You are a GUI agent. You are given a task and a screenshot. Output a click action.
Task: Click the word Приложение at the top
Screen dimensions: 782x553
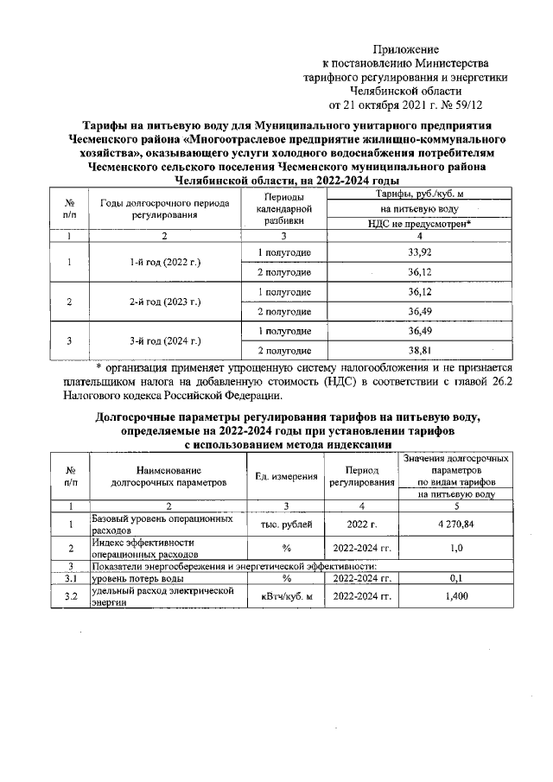click(x=405, y=49)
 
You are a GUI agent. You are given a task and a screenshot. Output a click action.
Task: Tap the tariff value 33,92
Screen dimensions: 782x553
click(x=418, y=252)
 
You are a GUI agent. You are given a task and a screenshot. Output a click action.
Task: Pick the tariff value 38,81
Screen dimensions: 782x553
click(x=418, y=350)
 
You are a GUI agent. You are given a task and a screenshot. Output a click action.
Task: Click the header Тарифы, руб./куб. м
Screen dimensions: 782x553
click(x=419, y=196)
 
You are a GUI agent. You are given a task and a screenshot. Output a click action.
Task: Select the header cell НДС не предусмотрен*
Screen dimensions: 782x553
click(x=419, y=224)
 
